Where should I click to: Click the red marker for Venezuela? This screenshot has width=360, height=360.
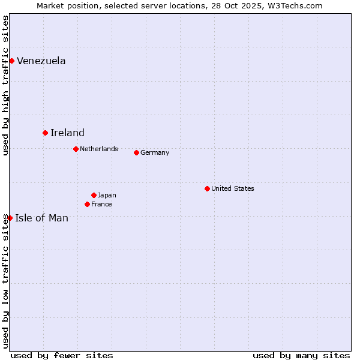[11, 61]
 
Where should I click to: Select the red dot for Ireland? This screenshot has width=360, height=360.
[45, 133]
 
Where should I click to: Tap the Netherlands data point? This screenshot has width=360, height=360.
[76, 149]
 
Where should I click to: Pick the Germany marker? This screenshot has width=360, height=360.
[136, 152]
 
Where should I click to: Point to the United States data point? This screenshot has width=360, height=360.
[207, 188]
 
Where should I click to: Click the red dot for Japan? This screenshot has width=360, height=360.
[94, 195]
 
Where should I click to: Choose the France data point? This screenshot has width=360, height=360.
[87, 204]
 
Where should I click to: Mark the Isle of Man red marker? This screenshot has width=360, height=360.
[10, 218]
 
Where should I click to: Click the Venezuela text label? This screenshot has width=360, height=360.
[41, 61]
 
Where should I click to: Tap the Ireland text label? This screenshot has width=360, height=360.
[67, 133]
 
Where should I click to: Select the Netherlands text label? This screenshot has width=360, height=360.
[98, 149]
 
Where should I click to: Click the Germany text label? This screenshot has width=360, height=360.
[155, 152]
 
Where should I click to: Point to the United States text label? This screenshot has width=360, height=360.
[232, 188]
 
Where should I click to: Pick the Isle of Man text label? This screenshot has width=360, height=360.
[41, 218]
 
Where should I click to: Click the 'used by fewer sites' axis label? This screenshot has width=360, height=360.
[62, 355]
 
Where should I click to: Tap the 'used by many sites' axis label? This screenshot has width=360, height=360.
[301, 355]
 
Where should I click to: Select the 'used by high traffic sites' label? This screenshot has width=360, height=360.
[5, 85]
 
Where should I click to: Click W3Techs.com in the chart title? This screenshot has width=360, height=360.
[295, 5]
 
